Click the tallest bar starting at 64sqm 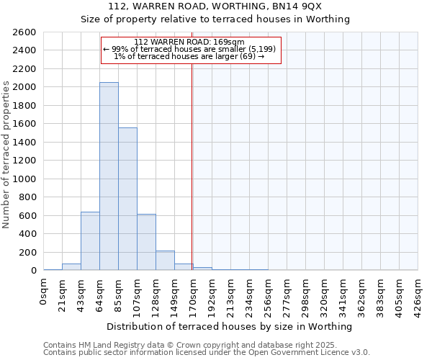point(109,176)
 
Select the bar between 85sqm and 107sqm point(127,199)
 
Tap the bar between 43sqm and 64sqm point(90,241)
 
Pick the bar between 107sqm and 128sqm point(146,242)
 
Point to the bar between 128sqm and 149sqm point(165,261)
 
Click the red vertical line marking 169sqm point(192,166)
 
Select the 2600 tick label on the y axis point(24,32)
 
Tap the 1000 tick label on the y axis point(24,179)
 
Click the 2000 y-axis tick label point(24,87)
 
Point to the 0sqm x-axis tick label point(43,292)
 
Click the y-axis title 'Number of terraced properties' point(6,155)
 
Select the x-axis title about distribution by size point(230,326)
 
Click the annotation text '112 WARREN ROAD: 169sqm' point(190,42)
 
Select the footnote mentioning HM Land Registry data point(205,345)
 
